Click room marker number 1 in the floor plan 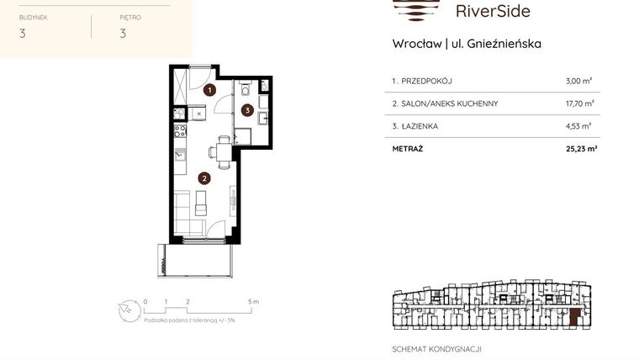click(x=210, y=88)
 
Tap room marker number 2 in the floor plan click(x=203, y=177)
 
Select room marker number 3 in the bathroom click(x=247, y=109)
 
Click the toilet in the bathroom click(x=243, y=87)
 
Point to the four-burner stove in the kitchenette click(x=180, y=131)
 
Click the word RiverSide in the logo click(x=492, y=11)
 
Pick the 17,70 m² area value click(x=580, y=103)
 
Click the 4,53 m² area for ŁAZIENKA click(x=579, y=126)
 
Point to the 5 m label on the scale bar click(x=253, y=300)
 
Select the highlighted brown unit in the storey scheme click(x=574, y=318)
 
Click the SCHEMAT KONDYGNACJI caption click(x=437, y=348)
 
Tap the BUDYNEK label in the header click(x=33, y=16)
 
